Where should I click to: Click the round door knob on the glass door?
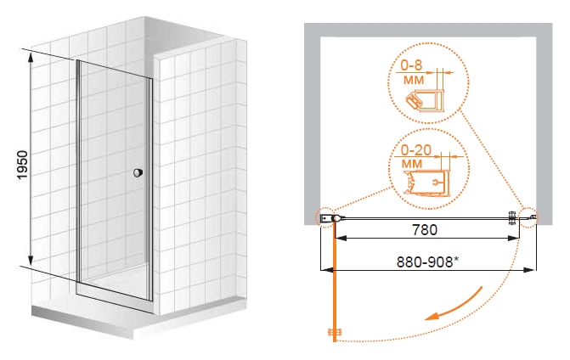(x=138, y=172)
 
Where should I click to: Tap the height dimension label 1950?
(x=23, y=165)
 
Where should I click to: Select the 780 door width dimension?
(x=425, y=229)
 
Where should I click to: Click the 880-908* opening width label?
(x=427, y=262)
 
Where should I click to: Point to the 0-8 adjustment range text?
(x=411, y=65)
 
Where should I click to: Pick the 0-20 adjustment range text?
(x=415, y=150)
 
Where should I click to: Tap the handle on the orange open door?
(x=335, y=332)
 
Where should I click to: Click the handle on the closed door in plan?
(x=512, y=218)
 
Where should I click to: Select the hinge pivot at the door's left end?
(x=337, y=218)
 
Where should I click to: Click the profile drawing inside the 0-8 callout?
(x=425, y=100)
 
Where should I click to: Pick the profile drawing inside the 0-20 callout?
(x=426, y=183)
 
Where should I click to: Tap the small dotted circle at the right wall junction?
(x=529, y=217)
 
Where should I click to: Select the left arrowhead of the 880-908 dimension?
(x=326, y=270)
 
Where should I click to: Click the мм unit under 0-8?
(x=414, y=81)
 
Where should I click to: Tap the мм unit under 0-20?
(x=412, y=164)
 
